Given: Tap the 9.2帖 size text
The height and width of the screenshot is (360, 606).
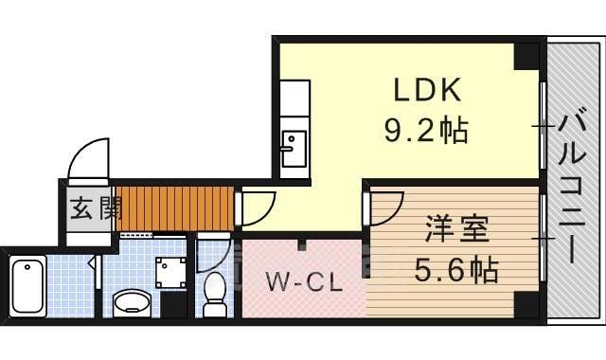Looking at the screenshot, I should pos(426,130).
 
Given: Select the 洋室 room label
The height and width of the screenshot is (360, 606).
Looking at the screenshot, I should pos(456,230).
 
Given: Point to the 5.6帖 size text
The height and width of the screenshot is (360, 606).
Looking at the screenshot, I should pos(456,272).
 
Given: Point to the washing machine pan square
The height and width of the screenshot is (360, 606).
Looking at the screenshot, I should pos(171,274).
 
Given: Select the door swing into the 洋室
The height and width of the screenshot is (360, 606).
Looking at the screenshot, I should pos(383,207).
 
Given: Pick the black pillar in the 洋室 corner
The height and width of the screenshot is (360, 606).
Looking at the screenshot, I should pos(523,305).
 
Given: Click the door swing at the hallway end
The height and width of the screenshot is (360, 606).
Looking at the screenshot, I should pos(256,207).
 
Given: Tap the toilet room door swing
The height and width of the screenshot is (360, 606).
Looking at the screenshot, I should pos(214,254).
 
